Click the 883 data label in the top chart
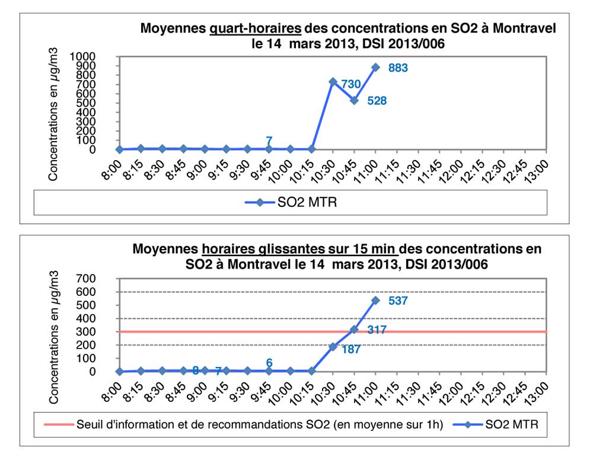tap(398, 68)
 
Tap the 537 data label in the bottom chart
tap(398, 301)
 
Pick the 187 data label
tap(352, 350)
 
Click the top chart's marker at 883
tap(375, 67)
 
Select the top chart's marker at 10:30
tap(333, 82)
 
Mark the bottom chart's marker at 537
tap(375, 300)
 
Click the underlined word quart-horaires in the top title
tap(256, 28)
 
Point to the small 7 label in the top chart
tap(269, 141)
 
